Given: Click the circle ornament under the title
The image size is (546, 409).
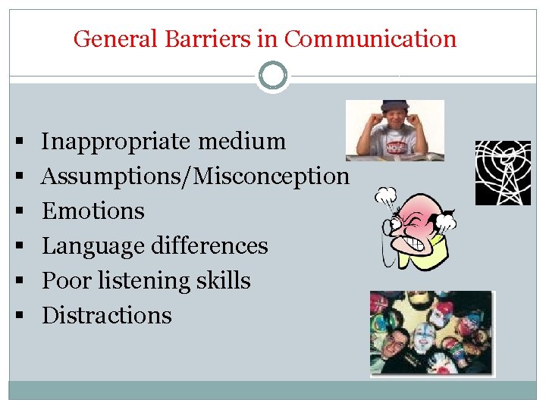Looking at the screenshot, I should pos(273,76).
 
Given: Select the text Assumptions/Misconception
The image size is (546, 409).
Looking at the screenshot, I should pos(196,176).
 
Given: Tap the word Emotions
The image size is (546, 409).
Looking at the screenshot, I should pos(93,211).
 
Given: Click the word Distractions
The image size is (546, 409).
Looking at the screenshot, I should pos(106,315).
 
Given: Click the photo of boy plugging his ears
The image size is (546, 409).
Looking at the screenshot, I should pos(394,130).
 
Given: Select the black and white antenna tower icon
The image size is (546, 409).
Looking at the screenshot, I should pos(503,173).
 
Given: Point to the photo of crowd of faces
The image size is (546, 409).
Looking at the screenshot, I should pos(431,333).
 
